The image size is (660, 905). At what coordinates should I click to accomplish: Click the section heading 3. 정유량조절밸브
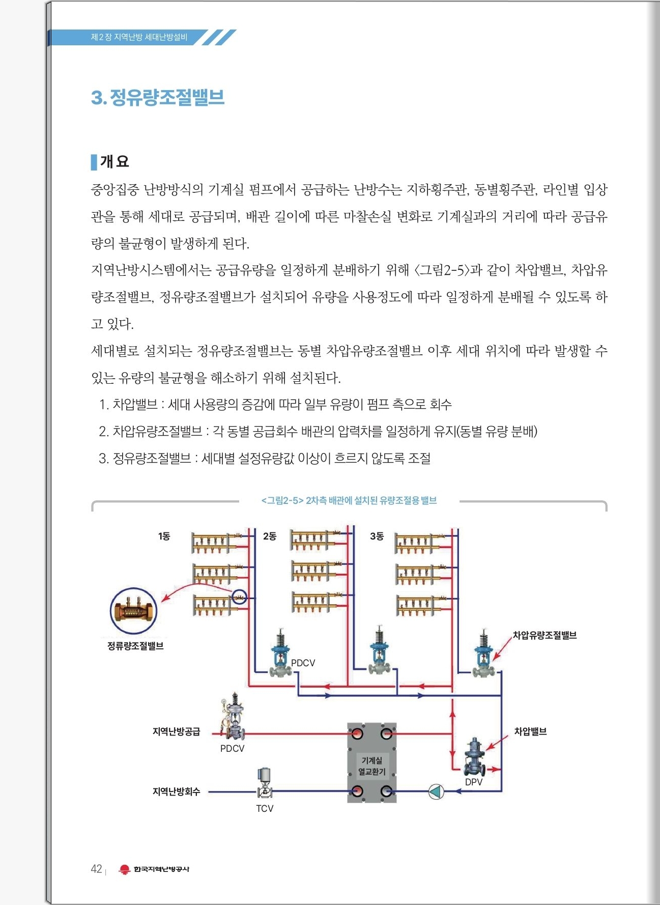[158, 97]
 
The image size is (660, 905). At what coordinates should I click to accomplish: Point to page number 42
[96, 869]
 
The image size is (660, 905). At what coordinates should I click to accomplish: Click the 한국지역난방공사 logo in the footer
[154, 869]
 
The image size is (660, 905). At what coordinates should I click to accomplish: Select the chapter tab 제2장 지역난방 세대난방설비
[139, 37]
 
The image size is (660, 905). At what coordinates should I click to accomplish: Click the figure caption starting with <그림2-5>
[349, 500]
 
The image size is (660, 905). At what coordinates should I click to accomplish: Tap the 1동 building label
[164, 536]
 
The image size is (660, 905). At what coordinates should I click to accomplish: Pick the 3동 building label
[377, 536]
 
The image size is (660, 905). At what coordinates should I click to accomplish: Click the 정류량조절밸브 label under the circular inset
[135, 646]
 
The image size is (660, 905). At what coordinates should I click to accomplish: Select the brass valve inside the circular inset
[133, 611]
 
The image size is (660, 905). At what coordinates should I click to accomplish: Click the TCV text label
[265, 808]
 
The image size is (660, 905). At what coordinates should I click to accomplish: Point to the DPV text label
[474, 782]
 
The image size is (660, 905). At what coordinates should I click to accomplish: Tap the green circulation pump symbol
[436, 791]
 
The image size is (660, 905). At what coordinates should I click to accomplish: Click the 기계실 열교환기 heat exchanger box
[372, 762]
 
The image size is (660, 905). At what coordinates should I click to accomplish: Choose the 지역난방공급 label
[177, 731]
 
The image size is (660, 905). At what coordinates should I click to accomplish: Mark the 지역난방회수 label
[177, 791]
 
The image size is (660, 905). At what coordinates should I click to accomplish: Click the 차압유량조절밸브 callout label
[544, 635]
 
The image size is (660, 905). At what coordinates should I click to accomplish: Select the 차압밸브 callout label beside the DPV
[530, 731]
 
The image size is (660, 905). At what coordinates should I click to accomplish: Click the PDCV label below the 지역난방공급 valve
[232, 748]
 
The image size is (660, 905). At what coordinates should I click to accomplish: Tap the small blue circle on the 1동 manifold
[239, 597]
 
